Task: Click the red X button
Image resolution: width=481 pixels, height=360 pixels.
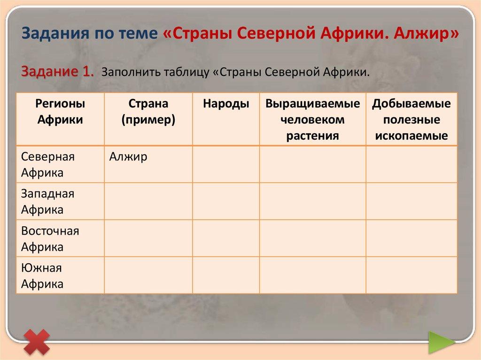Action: point(37,341)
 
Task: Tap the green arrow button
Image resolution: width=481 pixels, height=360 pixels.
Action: point(441,342)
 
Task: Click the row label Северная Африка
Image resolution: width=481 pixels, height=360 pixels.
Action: point(48,164)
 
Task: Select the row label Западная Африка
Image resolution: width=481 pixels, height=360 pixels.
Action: point(48,201)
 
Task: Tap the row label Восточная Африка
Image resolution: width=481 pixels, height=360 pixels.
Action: point(50,238)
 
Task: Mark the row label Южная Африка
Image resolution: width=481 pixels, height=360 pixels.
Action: point(42,276)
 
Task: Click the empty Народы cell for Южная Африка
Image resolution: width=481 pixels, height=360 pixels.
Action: point(226,276)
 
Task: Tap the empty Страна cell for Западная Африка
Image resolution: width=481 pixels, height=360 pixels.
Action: point(148,201)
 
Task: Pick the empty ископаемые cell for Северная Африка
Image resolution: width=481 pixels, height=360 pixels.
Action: point(411,164)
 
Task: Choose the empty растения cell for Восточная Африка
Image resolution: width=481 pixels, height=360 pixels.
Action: point(312,238)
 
